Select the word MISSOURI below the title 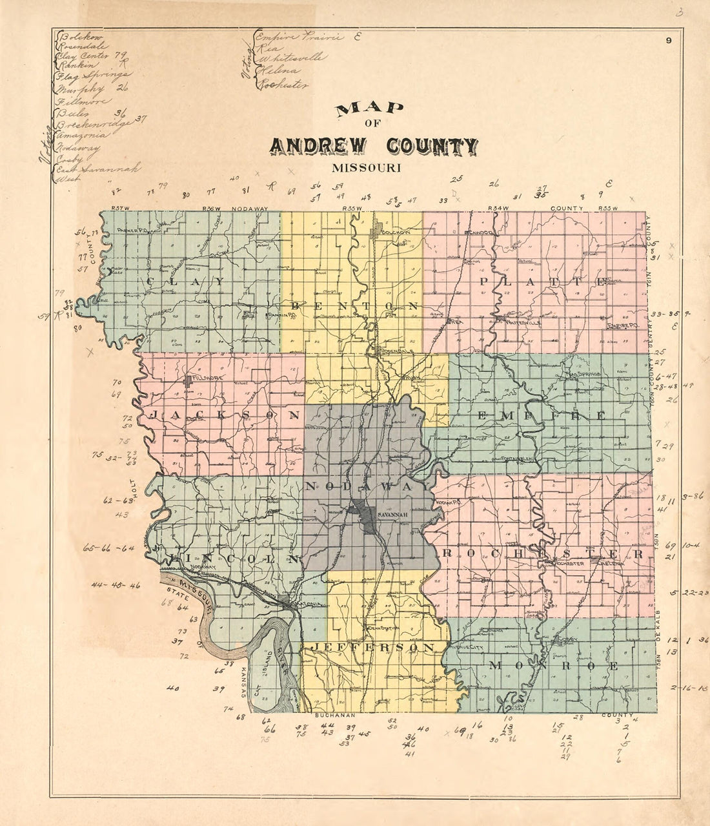pos(367,168)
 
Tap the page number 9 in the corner pos(671,41)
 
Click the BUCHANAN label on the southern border pos(335,716)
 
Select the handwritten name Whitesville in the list pos(291,57)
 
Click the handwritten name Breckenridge pos(94,123)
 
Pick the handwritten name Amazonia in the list pos(84,135)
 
